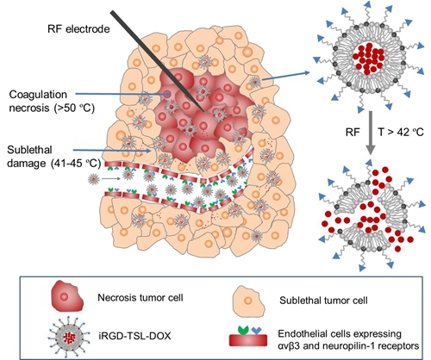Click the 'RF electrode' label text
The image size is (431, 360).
click(78, 29)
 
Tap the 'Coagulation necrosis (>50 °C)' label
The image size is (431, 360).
click(52, 102)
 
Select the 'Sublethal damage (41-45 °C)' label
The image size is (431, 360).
click(54, 157)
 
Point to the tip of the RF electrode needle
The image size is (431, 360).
click(204, 111)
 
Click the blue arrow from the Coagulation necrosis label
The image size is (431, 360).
click(123, 94)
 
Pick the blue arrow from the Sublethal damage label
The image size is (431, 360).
click(112, 150)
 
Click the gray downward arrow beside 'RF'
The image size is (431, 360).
click(371, 133)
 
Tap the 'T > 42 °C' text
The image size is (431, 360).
click(400, 132)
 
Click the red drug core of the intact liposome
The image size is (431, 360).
click(369, 59)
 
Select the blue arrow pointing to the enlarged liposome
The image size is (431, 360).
click(286, 76)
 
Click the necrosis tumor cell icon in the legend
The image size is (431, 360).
click(67, 298)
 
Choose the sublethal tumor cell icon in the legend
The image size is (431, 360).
click(249, 301)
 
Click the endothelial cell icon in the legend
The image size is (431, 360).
click(248, 336)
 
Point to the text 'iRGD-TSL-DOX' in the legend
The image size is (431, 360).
click(134, 336)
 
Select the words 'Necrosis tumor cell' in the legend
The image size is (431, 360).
click(141, 297)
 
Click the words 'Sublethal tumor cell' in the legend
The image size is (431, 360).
click(323, 301)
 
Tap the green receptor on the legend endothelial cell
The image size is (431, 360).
click(243, 330)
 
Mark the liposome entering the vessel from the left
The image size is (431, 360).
click(94, 180)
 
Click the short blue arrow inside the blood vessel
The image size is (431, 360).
click(111, 179)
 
